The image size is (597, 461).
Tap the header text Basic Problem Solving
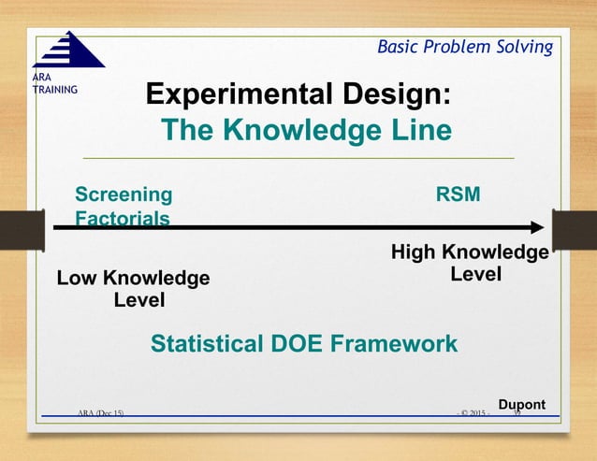point(464,47)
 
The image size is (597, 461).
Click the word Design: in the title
point(408,95)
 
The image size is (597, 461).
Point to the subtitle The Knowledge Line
point(306,131)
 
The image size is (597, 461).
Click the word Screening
point(124,194)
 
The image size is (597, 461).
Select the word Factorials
point(122,219)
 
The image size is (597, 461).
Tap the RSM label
point(458,194)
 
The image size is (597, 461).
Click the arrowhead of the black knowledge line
point(536,227)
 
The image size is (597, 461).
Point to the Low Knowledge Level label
point(134,289)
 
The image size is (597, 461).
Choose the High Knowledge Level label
point(469,264)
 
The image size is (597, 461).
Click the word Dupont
point(521,404)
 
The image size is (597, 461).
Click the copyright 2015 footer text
point(473,411)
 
